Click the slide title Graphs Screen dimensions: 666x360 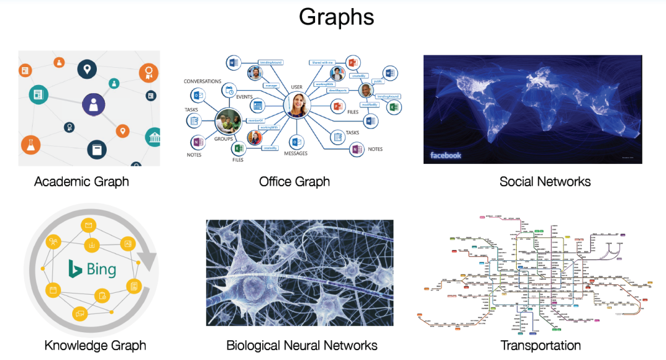(336, 17)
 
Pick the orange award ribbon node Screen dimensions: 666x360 (148, 73)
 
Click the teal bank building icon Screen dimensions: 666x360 (153, 137)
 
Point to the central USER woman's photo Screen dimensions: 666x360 (297, 105)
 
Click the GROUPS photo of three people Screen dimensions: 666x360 (228, 122)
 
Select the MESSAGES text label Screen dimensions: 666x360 (296, 153)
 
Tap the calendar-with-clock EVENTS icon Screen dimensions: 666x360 (229, 91)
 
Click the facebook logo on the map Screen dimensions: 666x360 (445, 155)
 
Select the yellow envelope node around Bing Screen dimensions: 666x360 (89, 226)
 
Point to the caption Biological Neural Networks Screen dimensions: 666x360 (302, 345)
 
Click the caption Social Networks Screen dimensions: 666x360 (545, 181)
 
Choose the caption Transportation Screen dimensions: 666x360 (540, 345)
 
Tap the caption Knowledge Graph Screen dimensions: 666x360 (95, 345)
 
